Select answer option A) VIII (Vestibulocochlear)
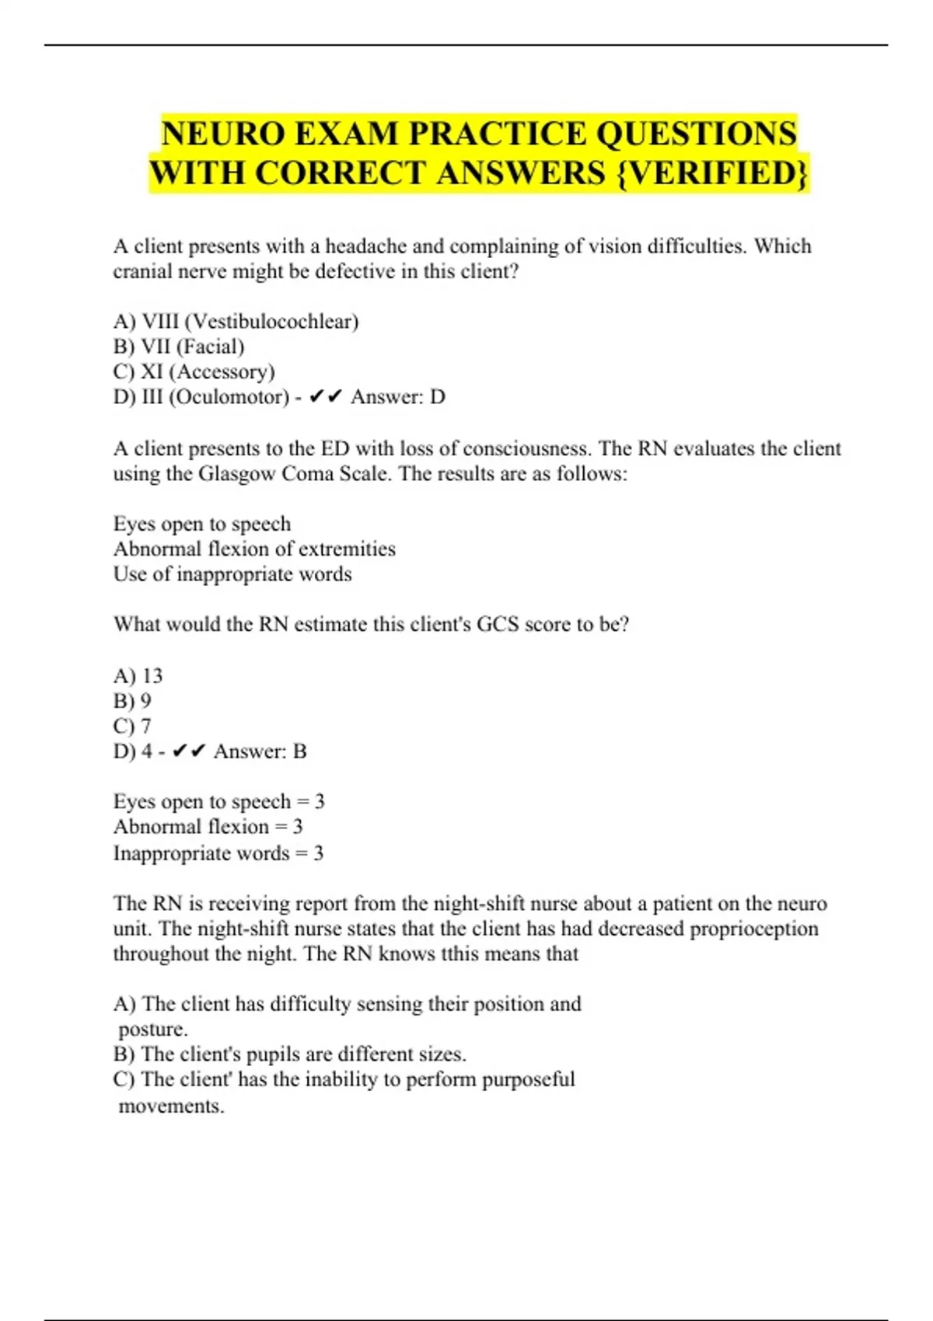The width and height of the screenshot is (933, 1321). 236,321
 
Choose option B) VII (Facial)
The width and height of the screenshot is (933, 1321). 179,347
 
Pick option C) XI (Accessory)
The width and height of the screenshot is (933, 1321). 194,371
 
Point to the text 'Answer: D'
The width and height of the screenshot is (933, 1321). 397,397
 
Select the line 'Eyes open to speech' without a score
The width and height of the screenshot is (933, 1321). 202,524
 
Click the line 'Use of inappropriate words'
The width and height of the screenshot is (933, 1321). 232,574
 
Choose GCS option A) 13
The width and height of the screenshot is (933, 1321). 138,675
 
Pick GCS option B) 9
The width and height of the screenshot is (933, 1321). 132,701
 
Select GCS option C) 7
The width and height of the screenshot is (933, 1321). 132,726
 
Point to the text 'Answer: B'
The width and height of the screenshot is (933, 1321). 260,751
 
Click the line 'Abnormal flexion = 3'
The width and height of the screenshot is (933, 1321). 208,827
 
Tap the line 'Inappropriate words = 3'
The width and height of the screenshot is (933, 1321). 218,853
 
